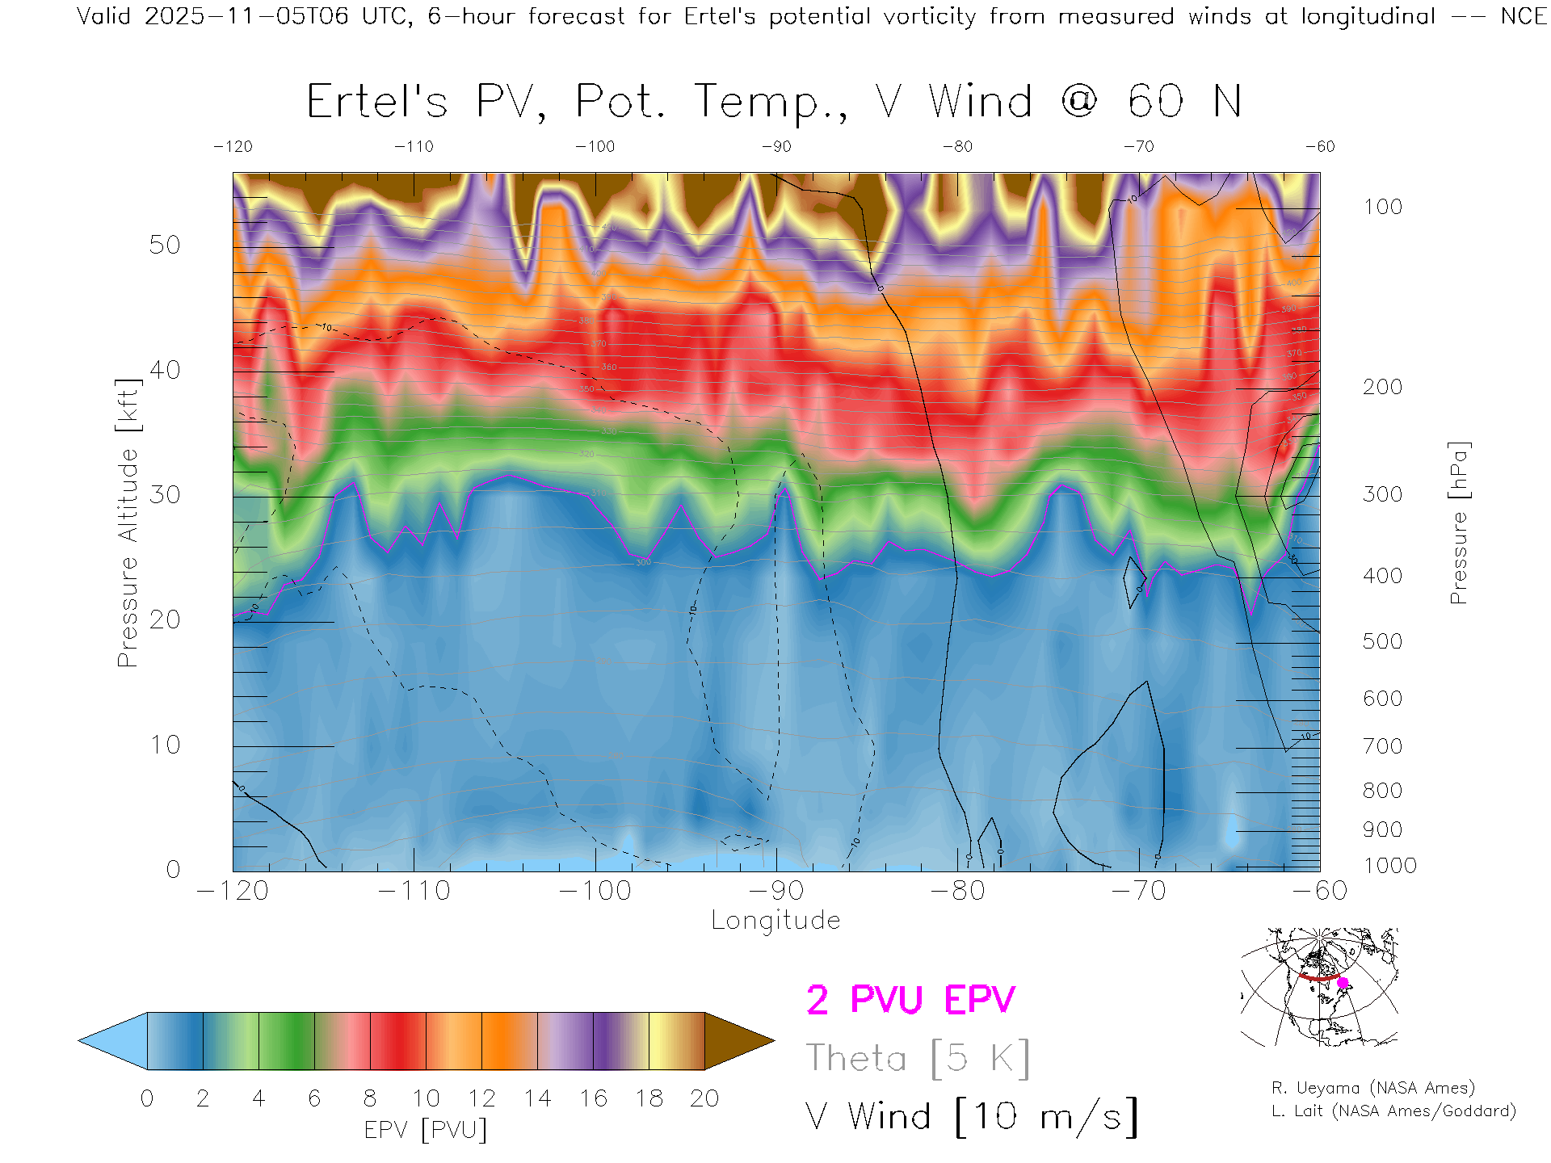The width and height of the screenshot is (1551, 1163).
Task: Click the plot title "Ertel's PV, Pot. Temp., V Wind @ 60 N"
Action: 773,103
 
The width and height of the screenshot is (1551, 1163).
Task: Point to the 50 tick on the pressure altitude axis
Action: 165,245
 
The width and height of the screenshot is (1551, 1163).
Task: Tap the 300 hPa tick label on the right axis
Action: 1382,494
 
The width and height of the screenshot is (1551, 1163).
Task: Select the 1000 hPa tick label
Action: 1389,866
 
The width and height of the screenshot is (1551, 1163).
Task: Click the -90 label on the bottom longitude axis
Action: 776,891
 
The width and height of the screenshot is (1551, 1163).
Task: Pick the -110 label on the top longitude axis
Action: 414,146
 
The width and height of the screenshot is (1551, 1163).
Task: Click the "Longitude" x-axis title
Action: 775,921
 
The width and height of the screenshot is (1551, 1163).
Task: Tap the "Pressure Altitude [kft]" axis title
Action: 128,523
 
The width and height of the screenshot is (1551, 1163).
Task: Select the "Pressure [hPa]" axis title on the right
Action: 1458,523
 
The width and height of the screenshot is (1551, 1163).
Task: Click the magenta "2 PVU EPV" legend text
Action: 910,1000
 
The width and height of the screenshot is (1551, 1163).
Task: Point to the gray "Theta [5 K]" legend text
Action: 918,1058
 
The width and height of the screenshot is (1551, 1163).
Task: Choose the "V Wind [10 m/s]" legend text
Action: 971,1117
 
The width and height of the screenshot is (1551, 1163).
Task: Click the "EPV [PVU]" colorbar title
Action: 426,1130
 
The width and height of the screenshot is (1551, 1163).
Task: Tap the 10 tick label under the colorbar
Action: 426,1098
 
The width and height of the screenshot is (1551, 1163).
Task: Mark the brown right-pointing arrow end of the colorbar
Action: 737,1041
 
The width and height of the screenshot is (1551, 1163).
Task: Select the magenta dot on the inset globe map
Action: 1343,983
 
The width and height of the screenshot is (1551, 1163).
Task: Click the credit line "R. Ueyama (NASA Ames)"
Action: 1373,1088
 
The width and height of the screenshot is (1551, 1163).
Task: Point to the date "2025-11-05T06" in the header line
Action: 246,16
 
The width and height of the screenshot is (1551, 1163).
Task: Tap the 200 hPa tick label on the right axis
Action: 1382,387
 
